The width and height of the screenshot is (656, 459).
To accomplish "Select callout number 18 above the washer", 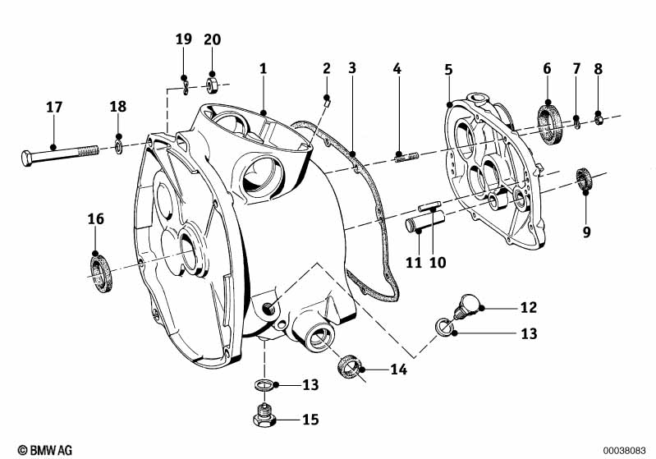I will coord(119,108).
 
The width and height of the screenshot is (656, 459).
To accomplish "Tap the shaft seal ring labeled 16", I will coord(100,270).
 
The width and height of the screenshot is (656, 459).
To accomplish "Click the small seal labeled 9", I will coord(584,178).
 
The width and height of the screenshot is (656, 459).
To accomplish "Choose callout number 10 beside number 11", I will coord(438,263).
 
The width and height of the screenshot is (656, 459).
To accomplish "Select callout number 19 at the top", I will coord(183,39).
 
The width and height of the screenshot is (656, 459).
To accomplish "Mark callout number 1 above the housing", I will coord(264,69).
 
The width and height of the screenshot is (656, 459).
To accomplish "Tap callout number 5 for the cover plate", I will coord(448,70).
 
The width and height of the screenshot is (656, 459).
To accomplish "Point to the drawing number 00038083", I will coord(626,449).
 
